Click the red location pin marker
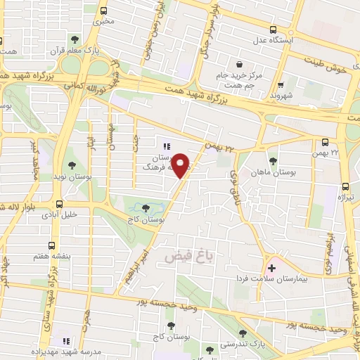click(181, 165)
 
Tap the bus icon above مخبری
click(104, 11)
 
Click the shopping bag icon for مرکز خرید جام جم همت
click(240, 63)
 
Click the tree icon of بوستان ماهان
click(273, 161)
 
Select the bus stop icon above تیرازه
click(345, 186)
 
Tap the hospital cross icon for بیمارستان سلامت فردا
click(271, 269)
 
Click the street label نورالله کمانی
click(90, 87)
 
